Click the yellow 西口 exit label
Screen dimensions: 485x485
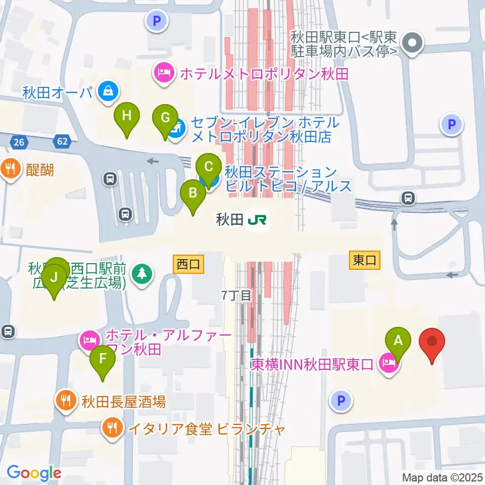click(188, 264)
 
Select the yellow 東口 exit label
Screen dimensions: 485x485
click(365, 260)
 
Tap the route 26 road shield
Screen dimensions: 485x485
click(19, 142)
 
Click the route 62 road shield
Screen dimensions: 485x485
click(62, 142)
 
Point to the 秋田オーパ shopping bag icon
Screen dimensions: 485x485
click(108, 91)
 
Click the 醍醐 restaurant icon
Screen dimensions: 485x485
click(10, 167)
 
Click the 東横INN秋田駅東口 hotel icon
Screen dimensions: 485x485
click(388, 363)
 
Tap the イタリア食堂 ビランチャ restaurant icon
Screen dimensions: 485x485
click(111, 429)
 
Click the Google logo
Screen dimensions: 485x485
click(34, 473)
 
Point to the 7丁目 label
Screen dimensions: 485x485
click(236, 296)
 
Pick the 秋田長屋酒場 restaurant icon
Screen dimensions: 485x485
click(66, 402)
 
